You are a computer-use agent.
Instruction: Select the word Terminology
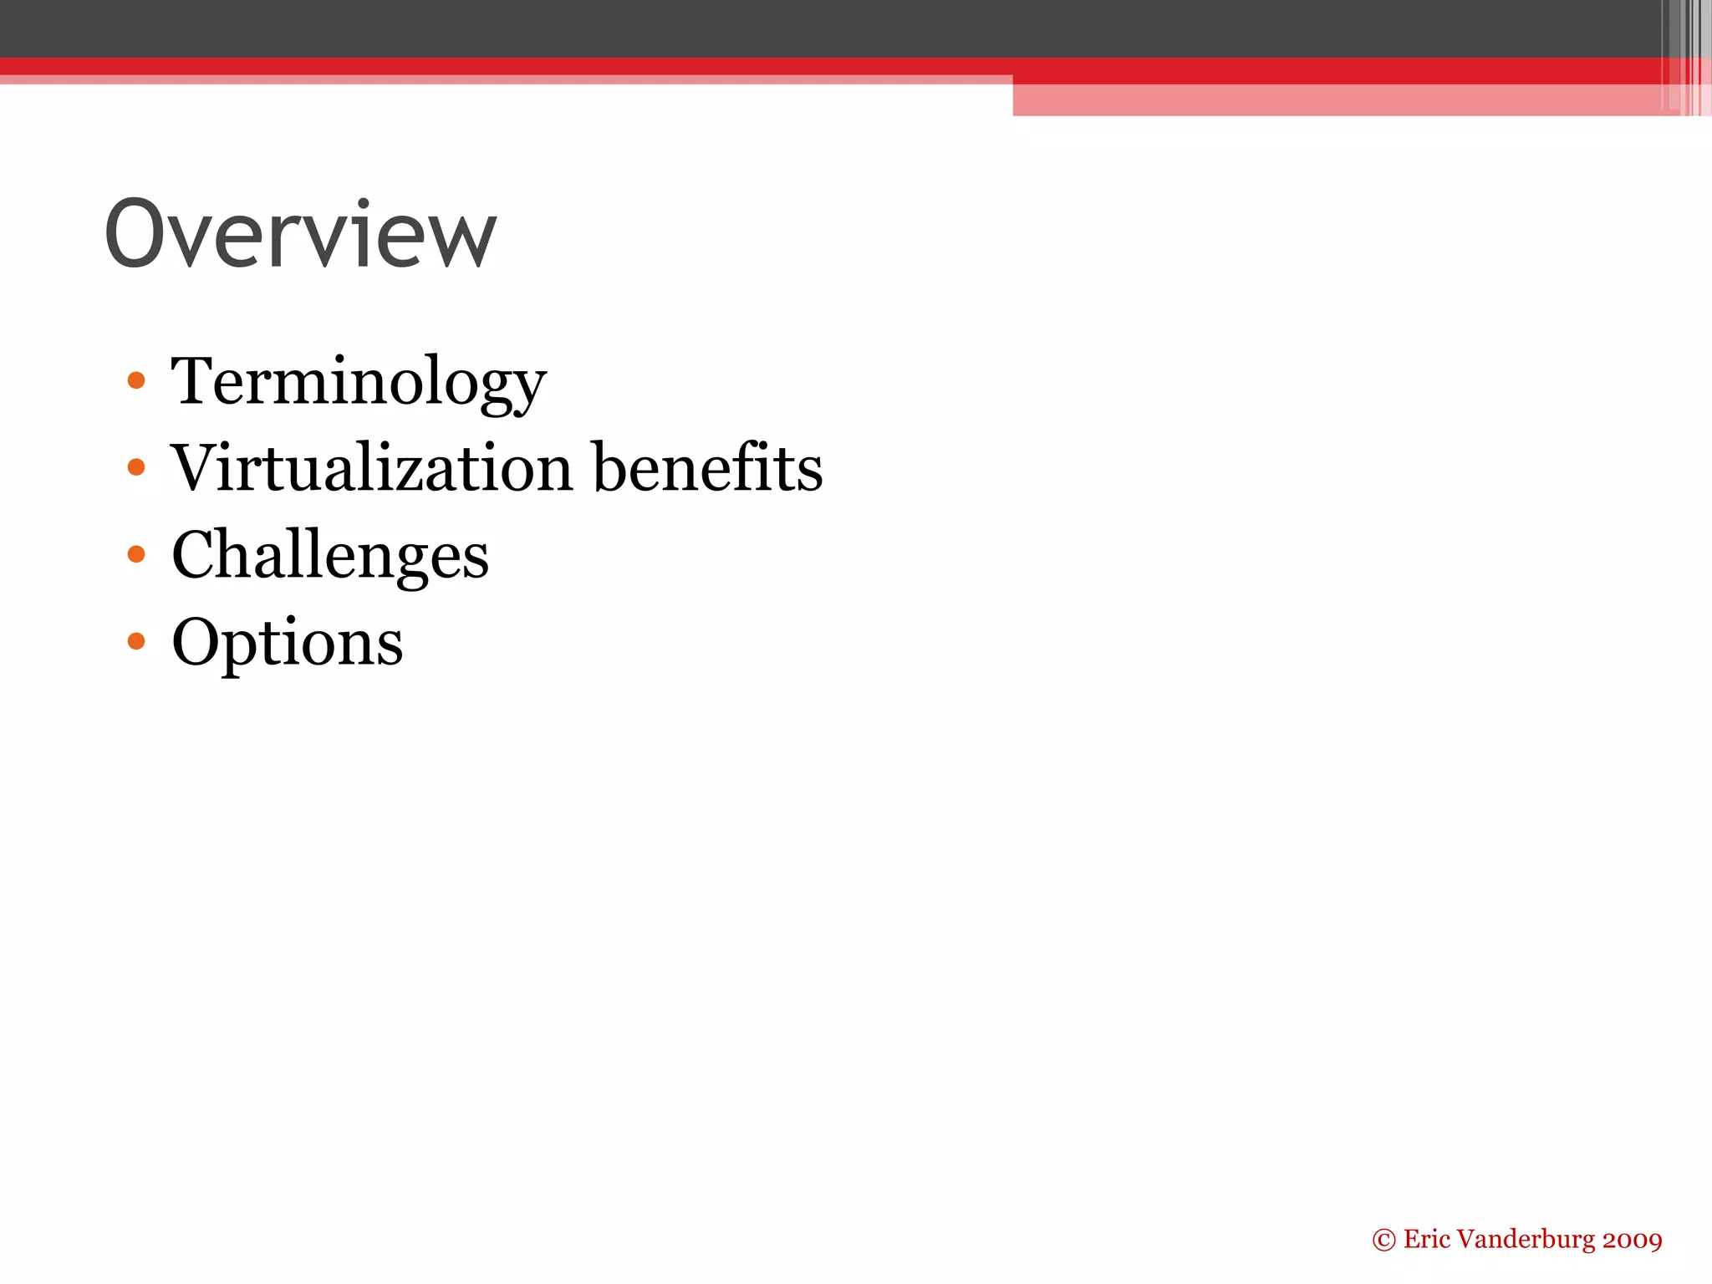tap(359, 382)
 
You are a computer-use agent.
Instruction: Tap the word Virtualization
tap(372, 467)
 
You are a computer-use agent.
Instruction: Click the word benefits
tap(708, 467)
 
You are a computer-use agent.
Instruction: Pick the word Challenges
tap(330, 556)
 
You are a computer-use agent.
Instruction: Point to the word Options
tap(288, 643)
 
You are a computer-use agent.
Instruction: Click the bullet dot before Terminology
tap(136, 381)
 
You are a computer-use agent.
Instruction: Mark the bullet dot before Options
tap(136, 641)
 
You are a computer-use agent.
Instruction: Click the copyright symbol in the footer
tap(1383, 1241)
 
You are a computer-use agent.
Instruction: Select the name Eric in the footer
tap(1426, 1239)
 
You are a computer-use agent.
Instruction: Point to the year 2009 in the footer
tap(1632, 1240)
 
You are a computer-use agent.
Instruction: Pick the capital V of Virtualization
tap(197, 467)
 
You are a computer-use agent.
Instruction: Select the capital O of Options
tap(199, 641)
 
